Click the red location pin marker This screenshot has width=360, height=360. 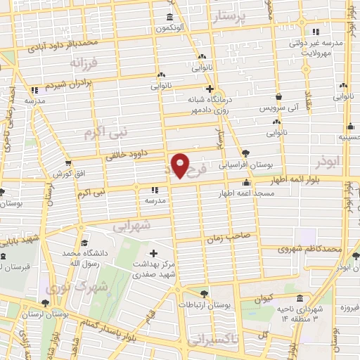click(x=180, y=166)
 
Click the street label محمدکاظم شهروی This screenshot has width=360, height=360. click(x=309, y=249)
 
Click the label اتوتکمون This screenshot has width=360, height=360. click(x=170, y=27)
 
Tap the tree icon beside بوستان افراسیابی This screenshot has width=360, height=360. click(x=245, y=153)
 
